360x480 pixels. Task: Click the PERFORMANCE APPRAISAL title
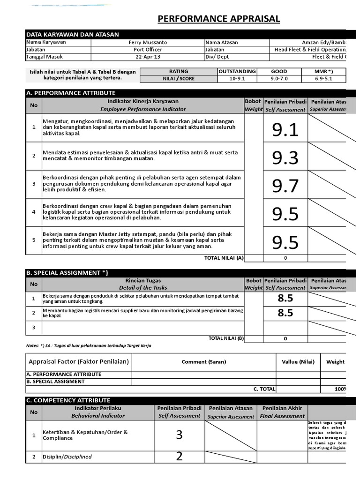[218, 19]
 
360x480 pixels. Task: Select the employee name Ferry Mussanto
[147, 42]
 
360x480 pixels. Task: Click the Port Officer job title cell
[148, 50]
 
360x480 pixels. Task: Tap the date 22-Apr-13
[148, 57]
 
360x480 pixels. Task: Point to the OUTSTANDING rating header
[237, 71]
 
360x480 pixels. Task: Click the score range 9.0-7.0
[279, 79]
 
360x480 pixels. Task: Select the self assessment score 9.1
[285, 130]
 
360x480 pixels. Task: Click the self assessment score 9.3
[285, 158]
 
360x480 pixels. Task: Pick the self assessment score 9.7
[285, 186]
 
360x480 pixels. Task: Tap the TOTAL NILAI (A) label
[224, 258]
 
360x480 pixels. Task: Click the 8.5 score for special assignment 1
[285, 298]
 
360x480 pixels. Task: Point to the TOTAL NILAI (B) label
[225, 338]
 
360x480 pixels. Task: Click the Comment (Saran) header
[204, 362]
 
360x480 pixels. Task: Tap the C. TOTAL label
[264, 389]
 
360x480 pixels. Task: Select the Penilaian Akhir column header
[282, 408]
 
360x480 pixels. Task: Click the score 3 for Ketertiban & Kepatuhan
[179, 435]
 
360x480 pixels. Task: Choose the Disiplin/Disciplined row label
[67, 457]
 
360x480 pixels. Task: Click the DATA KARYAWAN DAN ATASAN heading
[73, 34]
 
